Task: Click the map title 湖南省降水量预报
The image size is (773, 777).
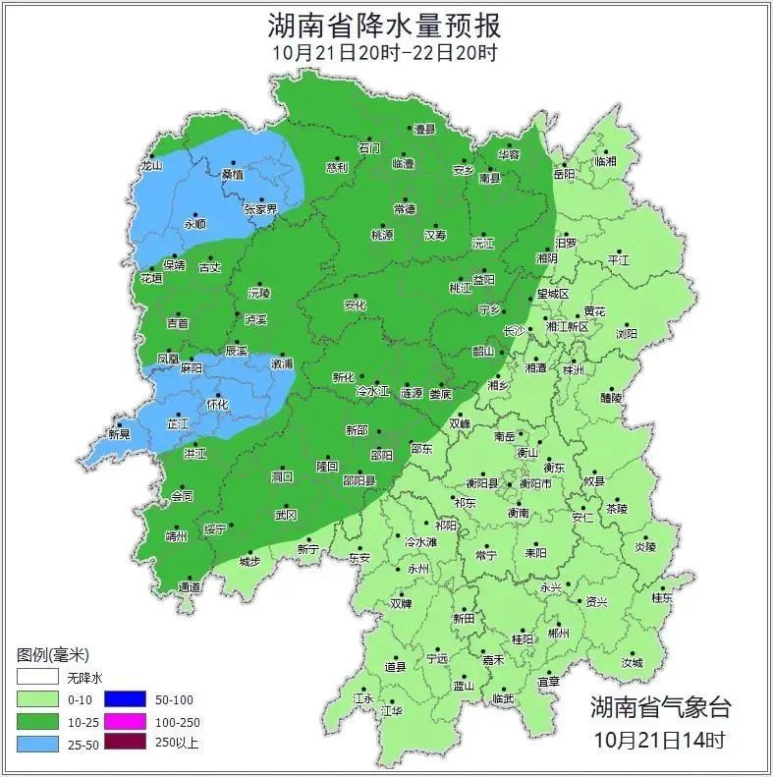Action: tap(384, 24)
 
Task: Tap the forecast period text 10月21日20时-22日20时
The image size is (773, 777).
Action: tap(384, 52)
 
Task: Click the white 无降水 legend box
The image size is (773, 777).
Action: tap(37, 677)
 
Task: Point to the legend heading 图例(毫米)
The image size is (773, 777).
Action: tap(53, 654)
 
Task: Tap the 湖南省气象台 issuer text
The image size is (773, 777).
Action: tap(660, 706)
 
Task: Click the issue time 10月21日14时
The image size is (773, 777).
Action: tap(660, 738)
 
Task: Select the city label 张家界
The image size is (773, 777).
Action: tap(260, 209)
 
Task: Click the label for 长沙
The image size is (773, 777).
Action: tap(514, 331)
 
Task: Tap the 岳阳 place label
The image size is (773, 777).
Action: tap(565, 174)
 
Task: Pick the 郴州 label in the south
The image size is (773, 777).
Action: tap(559, 635)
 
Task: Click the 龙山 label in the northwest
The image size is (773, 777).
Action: tap(150, 166)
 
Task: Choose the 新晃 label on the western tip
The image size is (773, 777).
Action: tap(119, 434)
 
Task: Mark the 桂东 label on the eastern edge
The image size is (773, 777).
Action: tap(662, 597)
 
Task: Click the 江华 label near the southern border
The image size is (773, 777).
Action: tap(393, 710)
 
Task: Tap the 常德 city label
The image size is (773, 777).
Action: tap(404, 209)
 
